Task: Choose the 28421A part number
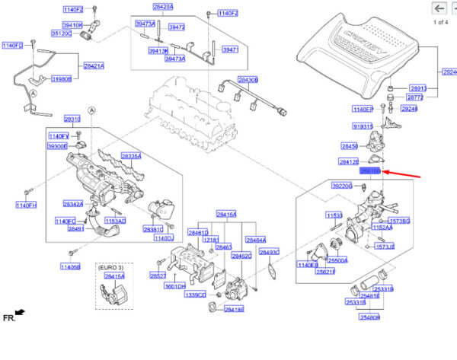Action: pos(94,66)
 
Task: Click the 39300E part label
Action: pos(58,145)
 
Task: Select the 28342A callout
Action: pos(73,204)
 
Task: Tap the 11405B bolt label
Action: pos(70,266)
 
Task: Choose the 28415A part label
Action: pos(114,277)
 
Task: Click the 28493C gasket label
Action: pos(270,251)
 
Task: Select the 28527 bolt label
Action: pos(158,276)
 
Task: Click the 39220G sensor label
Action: pos(342,185)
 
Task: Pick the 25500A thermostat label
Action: pos(337,260)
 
